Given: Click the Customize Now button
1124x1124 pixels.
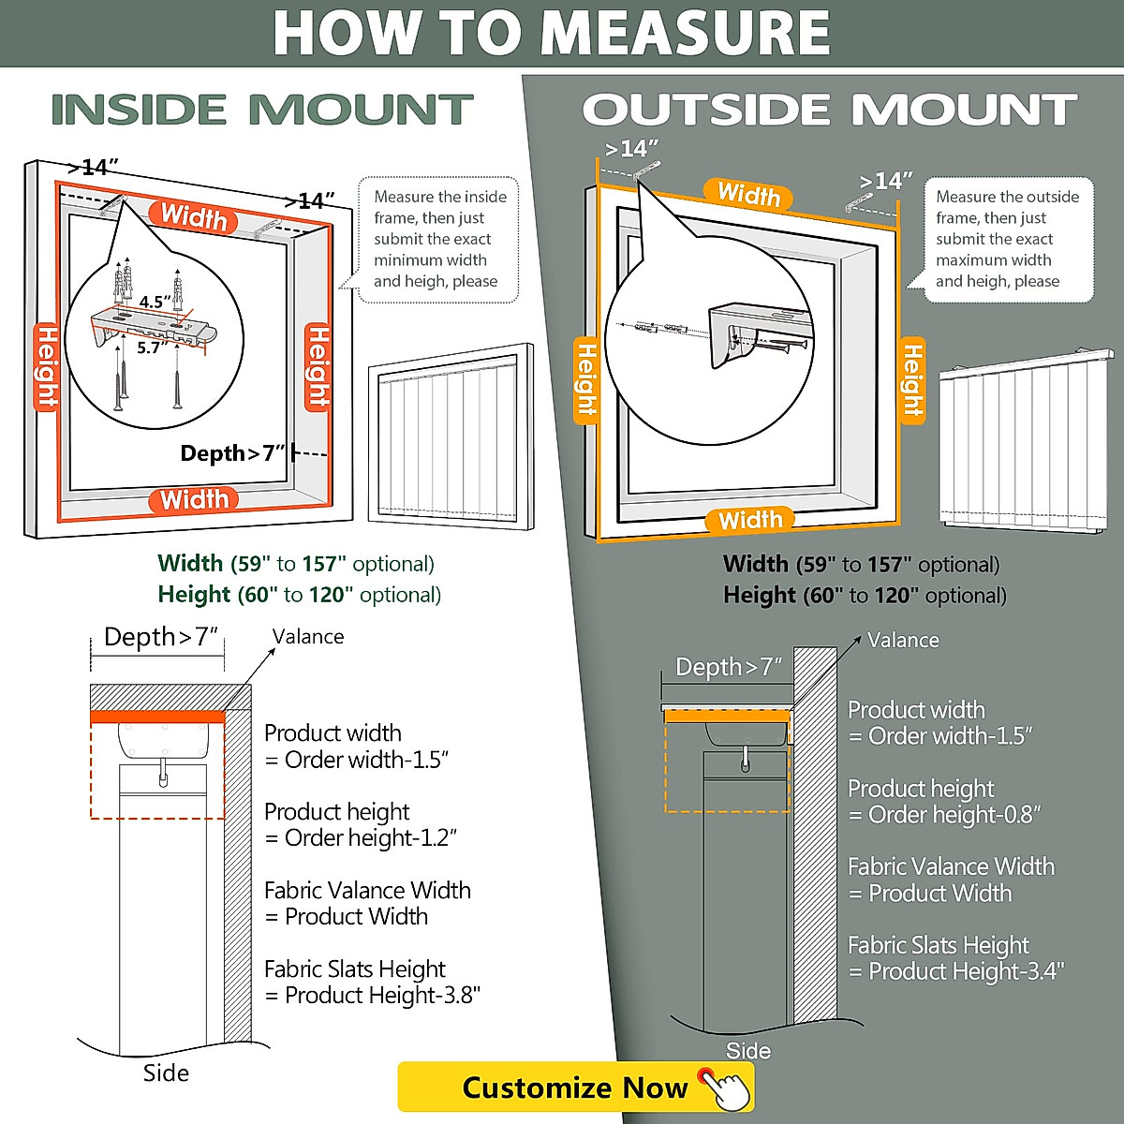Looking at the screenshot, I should pos(573,1087).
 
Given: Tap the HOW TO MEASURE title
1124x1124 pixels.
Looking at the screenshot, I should pos(551,34).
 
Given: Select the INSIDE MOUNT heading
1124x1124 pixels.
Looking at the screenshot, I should pos(261,111).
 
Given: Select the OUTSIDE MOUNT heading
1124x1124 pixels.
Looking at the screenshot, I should pos(829,111).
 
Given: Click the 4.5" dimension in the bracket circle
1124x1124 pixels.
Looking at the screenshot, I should pos(155,302).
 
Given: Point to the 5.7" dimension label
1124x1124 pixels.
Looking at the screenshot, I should pos(153,348).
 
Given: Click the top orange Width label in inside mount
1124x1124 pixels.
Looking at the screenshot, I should pos(194,217).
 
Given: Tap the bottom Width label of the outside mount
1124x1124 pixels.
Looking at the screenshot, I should pos(750,520).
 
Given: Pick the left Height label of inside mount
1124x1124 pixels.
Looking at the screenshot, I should pos(46,368).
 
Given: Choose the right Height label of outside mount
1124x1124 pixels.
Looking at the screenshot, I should pos(912,379).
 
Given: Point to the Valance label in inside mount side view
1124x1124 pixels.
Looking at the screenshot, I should pos(308,637).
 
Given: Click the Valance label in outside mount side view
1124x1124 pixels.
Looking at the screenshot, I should pos(903,641).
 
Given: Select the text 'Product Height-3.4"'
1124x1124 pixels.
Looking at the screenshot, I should pos(966,971).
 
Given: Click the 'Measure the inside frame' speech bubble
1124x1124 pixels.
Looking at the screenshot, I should pos(438,239).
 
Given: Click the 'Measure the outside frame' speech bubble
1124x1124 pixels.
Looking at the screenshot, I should pos(1007,239).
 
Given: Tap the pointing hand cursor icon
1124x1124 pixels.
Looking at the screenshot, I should pos(726,1088).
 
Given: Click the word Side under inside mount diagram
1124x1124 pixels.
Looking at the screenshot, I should pos(166,1073).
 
